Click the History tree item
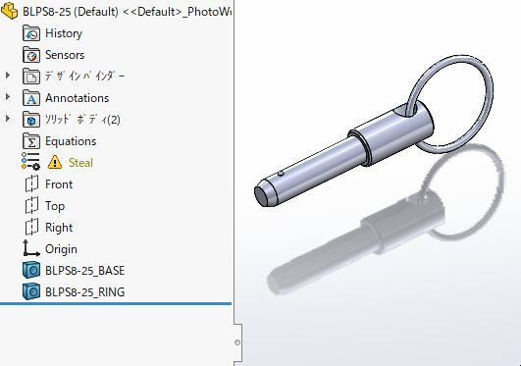pos(63,33)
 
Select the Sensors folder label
pos(64,55)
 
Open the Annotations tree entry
pos(77,98)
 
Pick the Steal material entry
pos(80,163)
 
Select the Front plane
pos(59,184)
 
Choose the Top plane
pos(55,206)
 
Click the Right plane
pos(59,228)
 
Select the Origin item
pos(61,249)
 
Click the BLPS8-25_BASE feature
pos(84,270)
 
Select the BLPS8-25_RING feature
pos(84,291)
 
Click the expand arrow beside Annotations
pos(9,98)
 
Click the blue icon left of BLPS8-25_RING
pos(30,291)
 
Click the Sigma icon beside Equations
pos(30,141)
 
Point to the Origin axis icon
pos(30,249)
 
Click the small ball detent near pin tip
pos(281,173)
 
